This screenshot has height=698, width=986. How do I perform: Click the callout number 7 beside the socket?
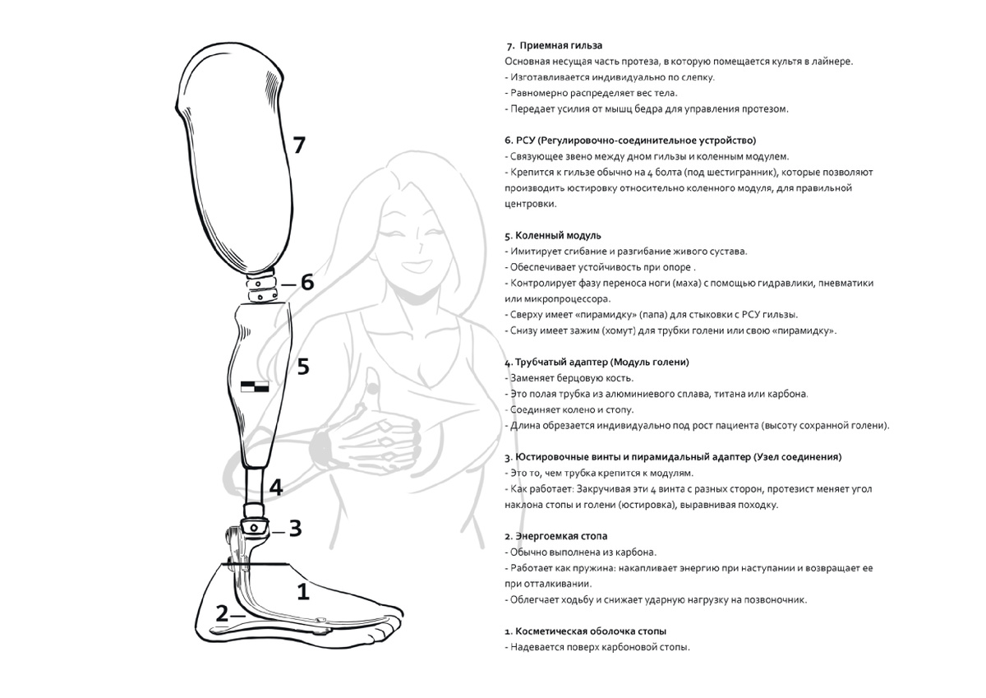click(x=299, y=145)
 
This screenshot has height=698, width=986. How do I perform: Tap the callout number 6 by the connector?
click(x=307, y=282)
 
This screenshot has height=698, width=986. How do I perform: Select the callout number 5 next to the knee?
click(x=303, y=367)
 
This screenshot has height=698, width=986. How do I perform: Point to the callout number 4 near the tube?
click(x=276, y=487)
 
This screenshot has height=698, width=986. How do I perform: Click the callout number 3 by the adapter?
click(x=295, y=528)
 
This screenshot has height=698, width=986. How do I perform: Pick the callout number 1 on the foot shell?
click(x=303, y=592)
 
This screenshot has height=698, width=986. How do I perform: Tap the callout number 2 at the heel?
click(x=223, y=613)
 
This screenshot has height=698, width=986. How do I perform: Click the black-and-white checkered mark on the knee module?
click(x=255, y=386)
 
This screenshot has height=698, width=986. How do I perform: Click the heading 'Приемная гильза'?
click(x=560, y=46)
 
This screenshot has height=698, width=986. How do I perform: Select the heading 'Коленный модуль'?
click(x=558, y=236)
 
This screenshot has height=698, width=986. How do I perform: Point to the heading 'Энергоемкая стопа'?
click(x=561, y=536)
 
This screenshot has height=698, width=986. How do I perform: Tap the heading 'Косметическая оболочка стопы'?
click(x=591, y=631)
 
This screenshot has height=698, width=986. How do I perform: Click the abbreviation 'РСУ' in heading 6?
click(x=525, y=141)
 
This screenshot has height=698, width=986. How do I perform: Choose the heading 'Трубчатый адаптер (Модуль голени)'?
click(x=602, y=363)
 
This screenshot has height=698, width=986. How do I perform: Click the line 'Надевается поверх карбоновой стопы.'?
click(x=600, y=647)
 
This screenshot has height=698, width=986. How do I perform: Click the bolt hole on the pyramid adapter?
click(x=254, y=527)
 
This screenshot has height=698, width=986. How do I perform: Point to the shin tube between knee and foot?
click(x=254, y=487)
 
